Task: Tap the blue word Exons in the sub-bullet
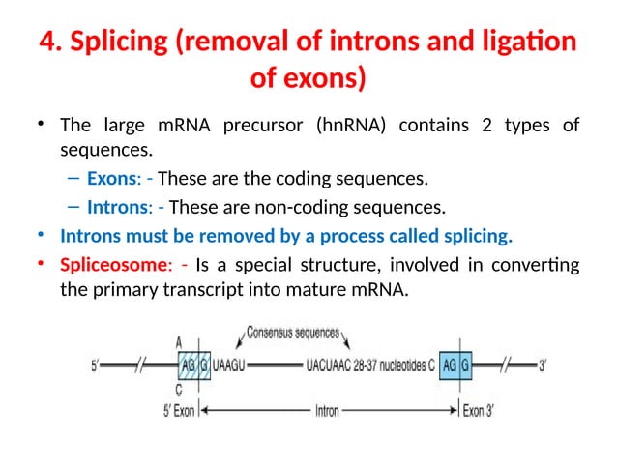pyautogui.click(x=111, y=179)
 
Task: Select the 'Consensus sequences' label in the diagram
pyautogui.click(x=293, y=334)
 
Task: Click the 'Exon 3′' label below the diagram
pyautogui.click(x=479, y=410)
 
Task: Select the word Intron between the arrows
pyautogui.click(x=327, y=410)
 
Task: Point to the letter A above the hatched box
pyautogui.click(x=179, y=341)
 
